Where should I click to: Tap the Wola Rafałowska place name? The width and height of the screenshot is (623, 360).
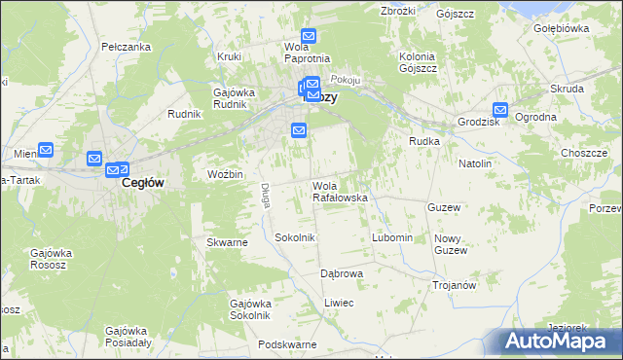coord(339,192)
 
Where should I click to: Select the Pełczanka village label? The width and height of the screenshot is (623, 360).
coord(126,47)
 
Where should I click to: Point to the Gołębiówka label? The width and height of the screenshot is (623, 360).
coord(562,28)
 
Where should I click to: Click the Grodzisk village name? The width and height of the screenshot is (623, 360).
coord(479,122)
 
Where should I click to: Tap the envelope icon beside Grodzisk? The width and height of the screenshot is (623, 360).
coord(500,111)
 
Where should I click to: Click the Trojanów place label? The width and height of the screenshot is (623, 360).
coord(454,285)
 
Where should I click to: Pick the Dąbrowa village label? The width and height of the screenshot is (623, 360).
coord(342,273)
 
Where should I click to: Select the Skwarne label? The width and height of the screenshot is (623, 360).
coord(227,242)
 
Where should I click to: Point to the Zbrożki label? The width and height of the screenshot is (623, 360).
coord(399,11)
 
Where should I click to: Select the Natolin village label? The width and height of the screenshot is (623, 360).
coord(475,164)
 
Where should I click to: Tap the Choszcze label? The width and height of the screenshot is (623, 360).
coord(584,154)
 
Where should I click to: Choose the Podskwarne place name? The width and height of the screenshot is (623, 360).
coord(287,345)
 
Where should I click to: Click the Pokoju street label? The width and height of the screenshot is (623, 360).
coord(347,79)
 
